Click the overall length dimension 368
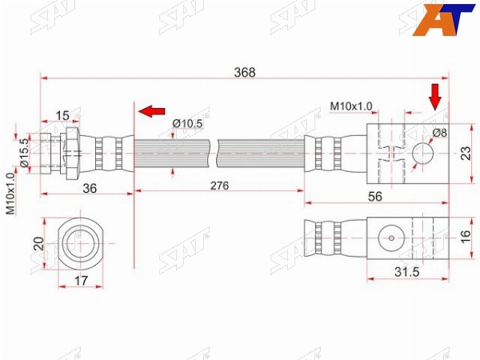tap(245, 73)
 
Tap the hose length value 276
tap(219, 186)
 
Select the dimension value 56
tap(375, 197)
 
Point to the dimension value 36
tap(90, 188)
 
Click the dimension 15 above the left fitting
tap(62, 116)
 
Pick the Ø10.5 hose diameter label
tap(187, 124)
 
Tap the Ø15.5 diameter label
tap(24, 153)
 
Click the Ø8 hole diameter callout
tap(439, 133)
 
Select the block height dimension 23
tap(466, 154)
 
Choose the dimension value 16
tap(466, 237)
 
